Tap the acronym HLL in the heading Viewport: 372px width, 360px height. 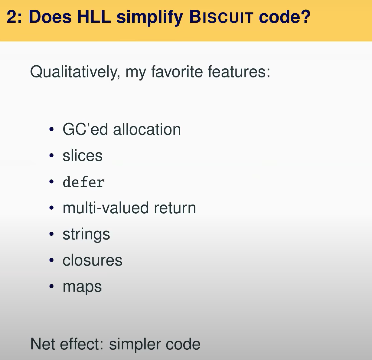94,17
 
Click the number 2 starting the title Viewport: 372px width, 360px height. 12,17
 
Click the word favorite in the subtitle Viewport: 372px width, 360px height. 177,72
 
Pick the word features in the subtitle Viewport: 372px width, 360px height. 239,72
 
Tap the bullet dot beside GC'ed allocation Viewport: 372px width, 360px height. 51,129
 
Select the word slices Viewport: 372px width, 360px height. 83,155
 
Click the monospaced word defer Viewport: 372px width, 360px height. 84,182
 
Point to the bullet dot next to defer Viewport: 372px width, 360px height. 51,182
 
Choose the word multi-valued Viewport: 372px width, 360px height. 106,208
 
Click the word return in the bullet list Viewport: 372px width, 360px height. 175,208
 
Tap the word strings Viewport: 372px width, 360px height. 86,235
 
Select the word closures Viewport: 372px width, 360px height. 92,260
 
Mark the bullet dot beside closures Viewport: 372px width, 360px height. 51,260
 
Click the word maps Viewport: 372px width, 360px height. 82,287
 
